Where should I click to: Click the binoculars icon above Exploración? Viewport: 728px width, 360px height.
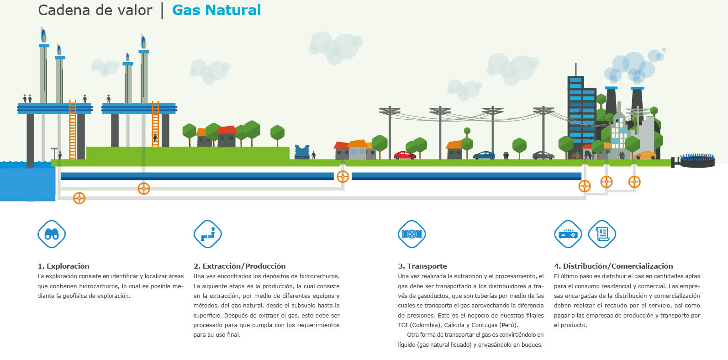point(52,234)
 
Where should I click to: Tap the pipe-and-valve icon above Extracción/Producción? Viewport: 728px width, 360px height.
point(208,234)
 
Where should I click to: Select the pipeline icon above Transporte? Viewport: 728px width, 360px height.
point(412,234)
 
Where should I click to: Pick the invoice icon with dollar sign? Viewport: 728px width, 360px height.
point(602,234)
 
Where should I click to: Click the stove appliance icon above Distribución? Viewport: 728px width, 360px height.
point(568,234)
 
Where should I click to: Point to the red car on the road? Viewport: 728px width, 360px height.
point(405,155)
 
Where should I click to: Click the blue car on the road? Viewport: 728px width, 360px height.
point(484,155)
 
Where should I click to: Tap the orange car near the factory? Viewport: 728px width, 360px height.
point(645,155)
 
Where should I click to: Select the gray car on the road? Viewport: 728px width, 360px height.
point(543,155)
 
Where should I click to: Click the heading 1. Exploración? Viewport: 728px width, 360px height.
point(63,266)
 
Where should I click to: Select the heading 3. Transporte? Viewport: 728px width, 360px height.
point(422,266)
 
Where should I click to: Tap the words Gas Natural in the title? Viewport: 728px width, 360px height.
point(216,10)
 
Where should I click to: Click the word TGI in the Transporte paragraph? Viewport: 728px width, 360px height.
point(403,325)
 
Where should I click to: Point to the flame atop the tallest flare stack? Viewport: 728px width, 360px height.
point(43,34)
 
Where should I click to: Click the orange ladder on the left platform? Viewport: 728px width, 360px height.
point(73,130)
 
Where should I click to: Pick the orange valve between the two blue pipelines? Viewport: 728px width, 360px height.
point(343,177)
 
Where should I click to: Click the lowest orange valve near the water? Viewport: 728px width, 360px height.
point(79,198)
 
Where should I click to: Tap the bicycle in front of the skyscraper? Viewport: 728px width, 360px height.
point(576,156)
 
